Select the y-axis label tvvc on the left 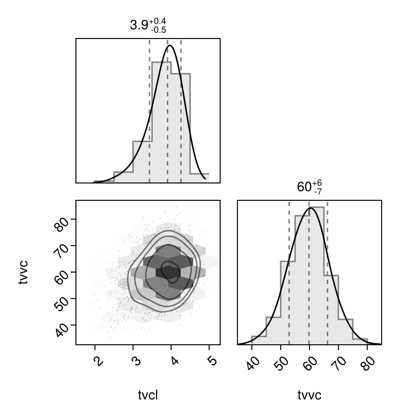pos(23,273)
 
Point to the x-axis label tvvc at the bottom pos(310,395)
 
